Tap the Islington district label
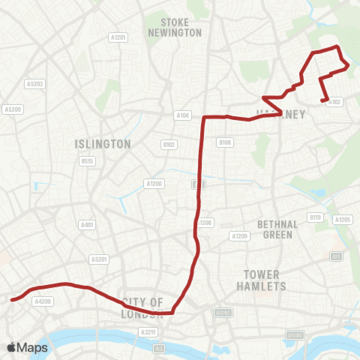103,143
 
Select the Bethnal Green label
277,229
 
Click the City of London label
142,307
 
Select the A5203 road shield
34,83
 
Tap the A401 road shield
87,225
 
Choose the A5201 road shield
99,259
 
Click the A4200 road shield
43,301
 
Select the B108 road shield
224,142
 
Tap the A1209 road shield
240,236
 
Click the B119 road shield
316,217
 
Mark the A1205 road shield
343,220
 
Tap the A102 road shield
334,102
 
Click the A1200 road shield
154,184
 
